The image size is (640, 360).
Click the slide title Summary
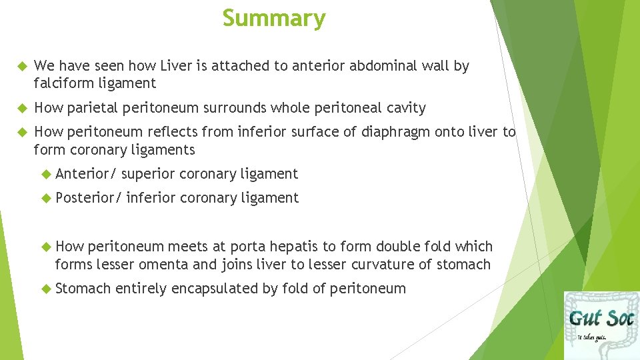click(x=274, y=18)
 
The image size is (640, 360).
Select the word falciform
click(x=61, y=83)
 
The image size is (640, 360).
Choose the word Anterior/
click(x=86, y=174)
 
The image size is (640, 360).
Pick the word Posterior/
click(x=89, y=198)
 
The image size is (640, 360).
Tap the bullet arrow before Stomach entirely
click(x=45, y=289)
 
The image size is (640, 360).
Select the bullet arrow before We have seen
click(x=19, y=66)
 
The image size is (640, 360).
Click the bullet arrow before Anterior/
click(x=45, y=174)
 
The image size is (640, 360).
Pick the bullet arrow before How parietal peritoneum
click(x=19, y=108)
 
